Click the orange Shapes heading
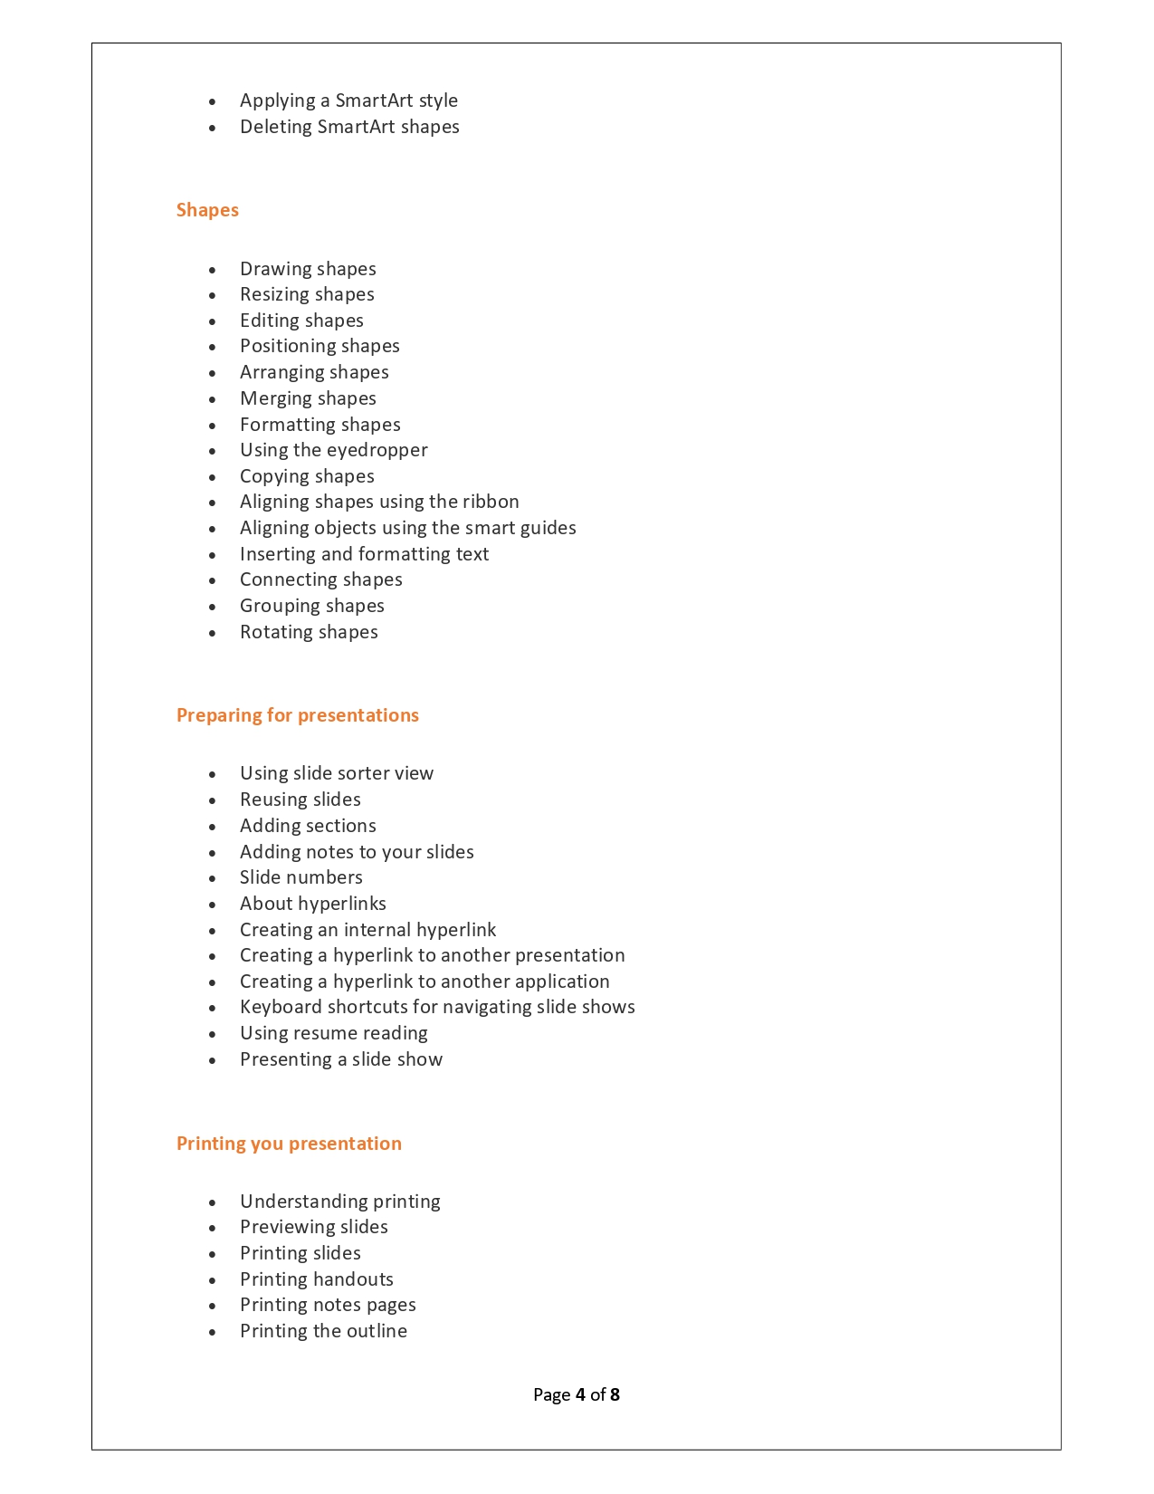pyautogui.click(x=207, y=210)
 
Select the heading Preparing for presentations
pyautogui.click(x=297, y=715)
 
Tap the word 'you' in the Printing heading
pyautogui.click(x=267, y=1144)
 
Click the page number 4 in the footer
pyautogui.click(x=580, y=1394)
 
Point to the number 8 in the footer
pyautogui.click(x=615, y=1394)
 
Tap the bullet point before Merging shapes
pyautogui.click(x=213, y=399)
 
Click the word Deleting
pyautogui.click(x=276, y=127)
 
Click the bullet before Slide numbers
pyautogui.click(x=213, y=878)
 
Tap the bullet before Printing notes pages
pyautogui.click(x=213, y=1306)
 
